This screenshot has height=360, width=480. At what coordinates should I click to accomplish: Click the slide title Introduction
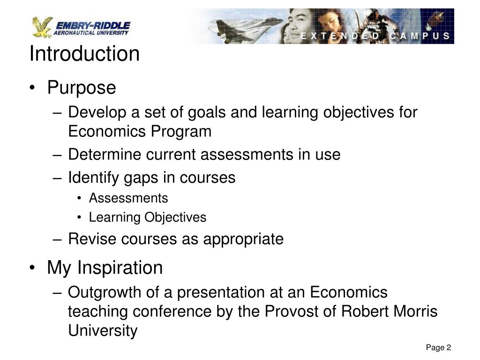(x=84, y=54)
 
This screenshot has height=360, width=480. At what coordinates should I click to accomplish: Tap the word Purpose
(x=81, y=88)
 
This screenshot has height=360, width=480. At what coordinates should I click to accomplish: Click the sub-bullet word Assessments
(x=128, y=198)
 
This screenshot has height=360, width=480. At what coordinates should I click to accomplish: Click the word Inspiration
(x=120, y=268)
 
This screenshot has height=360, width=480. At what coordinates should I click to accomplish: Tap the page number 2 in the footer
(x=449, y=347)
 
